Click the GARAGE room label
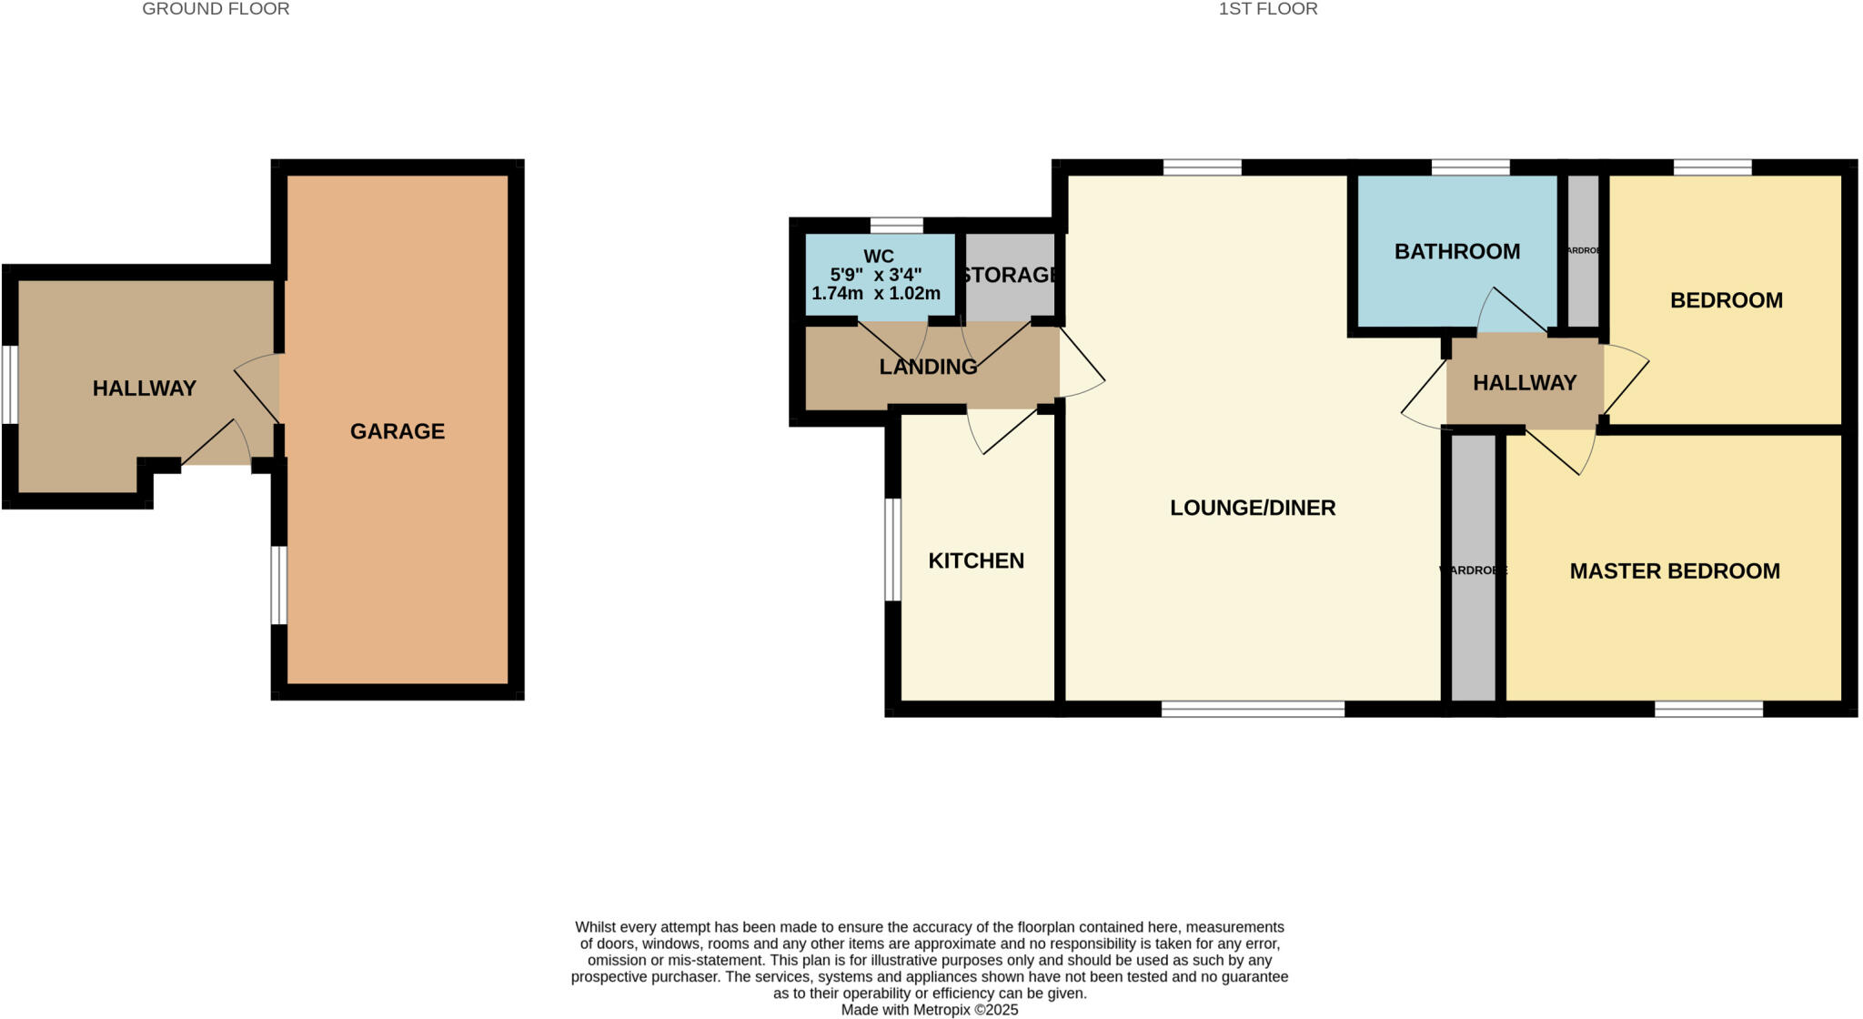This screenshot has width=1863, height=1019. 398,431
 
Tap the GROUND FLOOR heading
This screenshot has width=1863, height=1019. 216,9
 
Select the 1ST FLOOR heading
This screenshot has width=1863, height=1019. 1268,9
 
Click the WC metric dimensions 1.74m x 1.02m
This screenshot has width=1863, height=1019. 875,294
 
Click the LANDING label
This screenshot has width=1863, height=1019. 928,367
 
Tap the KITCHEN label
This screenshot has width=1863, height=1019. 976,560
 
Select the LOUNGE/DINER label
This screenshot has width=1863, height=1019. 1253,508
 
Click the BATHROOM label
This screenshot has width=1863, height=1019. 1456,252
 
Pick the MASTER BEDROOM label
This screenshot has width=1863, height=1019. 1675,571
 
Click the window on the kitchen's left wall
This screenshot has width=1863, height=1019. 893,550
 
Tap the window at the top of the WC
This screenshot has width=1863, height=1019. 896,226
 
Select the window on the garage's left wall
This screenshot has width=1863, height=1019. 279,585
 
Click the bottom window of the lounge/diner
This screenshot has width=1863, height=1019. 1253,709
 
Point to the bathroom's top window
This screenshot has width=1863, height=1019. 1470,167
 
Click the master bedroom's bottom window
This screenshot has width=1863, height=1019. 1708,709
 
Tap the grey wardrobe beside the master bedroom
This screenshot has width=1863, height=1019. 1473,569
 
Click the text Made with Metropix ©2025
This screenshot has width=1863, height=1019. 930,1010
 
